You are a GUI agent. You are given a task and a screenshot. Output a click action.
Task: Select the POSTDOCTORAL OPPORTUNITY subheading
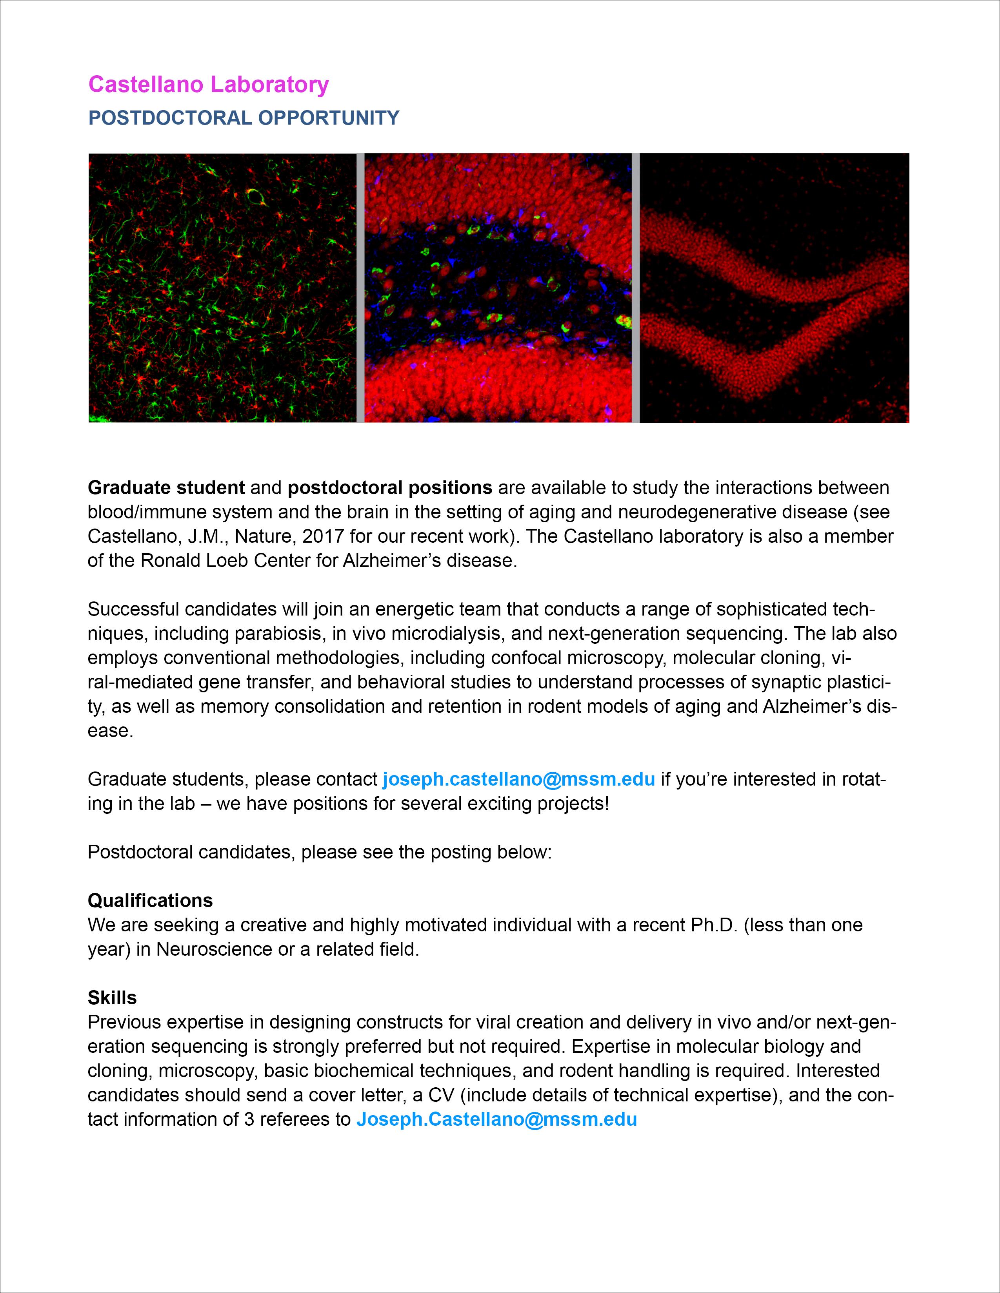tap(244, 118)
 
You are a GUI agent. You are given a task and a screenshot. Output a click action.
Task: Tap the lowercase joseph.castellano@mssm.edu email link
tap(518, 779)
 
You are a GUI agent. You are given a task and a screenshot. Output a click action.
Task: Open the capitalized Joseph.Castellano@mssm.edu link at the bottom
tap(496, 1119)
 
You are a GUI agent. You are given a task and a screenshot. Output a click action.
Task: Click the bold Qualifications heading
tap(150, 900)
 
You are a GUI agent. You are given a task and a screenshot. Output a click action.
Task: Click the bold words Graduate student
tap(166, 488)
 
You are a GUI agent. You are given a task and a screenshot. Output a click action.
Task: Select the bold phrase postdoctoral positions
tap(390, 488)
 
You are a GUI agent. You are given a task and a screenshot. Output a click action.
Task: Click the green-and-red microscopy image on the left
tap(222, 288)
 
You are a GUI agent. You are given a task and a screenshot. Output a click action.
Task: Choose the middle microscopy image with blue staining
tap(498, 288)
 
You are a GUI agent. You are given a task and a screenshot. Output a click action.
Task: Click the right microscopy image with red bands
tap(774, 288)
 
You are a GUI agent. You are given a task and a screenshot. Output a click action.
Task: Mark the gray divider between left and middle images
tap(360, 288)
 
